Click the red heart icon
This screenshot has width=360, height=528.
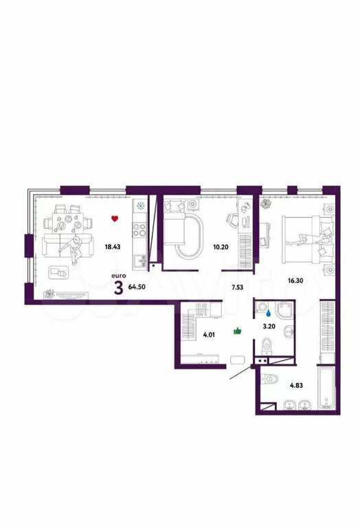pyautogui.click(x=115, y=219)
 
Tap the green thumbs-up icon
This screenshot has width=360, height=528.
pyautogui.click(x=238, y=331)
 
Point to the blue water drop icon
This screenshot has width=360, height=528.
pyautogui.click(x=268, y=313)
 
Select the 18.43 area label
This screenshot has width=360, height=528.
pyautogui.click(x=113, y=247)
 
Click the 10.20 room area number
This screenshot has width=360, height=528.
pyautogui.click(x=221, y=247)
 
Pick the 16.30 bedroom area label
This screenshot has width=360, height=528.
pyautogui.click(x=296, y=280)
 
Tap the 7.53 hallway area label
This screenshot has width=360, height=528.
pyautogui.click(x=237, y=287)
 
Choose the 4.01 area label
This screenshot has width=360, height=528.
pyautogui.click(x=209, y=335)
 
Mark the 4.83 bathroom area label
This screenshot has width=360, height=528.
pyautogui.click(x=296, y=386)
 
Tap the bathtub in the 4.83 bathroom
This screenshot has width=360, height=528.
pyautogui.click(x=326, y=387)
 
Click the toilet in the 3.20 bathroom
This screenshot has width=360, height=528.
pyautogui.click(x=267, y=346)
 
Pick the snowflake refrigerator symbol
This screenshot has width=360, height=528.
pyautogui.click(x=139, y=205)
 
